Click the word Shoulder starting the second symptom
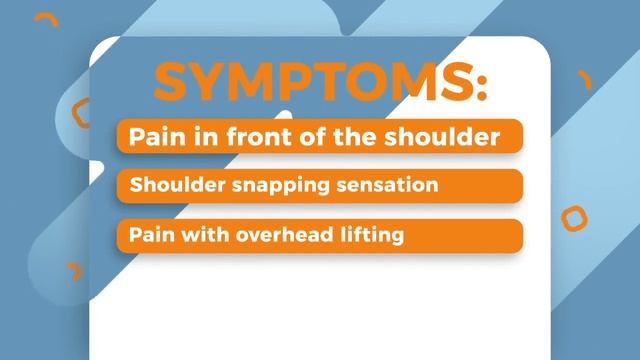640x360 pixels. pyautogui.click(x=171, y=186)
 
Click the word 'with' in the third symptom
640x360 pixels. pyautogui.click(x=199, y=236)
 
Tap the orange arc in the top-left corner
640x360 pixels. pyautogui.click(x=45, y=20)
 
